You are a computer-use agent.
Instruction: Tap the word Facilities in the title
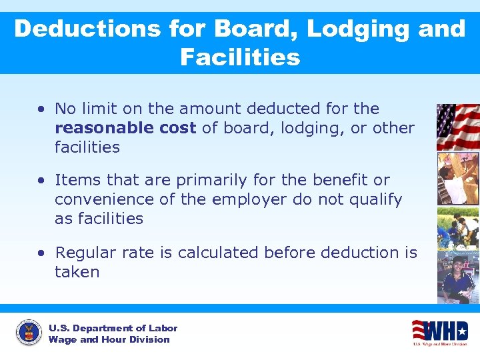240,57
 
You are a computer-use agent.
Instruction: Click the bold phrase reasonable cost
125,128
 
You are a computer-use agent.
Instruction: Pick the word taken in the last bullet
77,272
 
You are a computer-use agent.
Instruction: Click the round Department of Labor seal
29,333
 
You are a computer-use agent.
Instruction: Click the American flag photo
457,127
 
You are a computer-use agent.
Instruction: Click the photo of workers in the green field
457,227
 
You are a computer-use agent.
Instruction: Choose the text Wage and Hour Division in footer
109,340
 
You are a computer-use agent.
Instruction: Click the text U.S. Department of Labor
113,328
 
